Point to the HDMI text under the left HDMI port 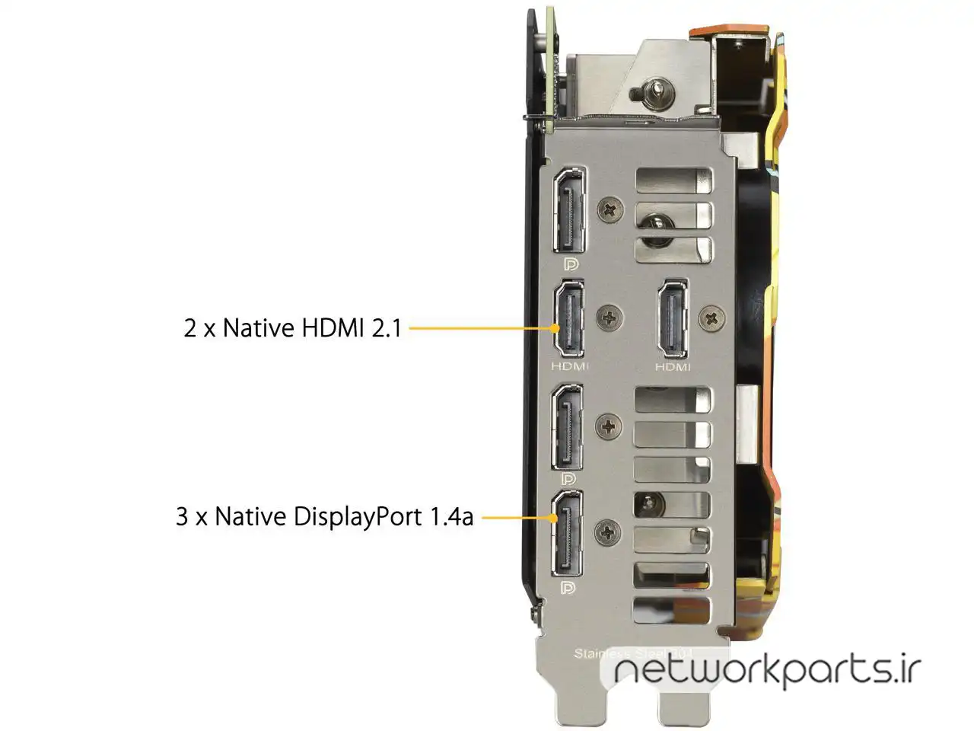(570, 366)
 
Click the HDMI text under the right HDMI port (673, 366)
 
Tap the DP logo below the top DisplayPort (569, 264)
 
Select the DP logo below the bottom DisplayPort (568, 588)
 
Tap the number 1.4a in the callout (451, 517)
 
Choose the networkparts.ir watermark (767, 670)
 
